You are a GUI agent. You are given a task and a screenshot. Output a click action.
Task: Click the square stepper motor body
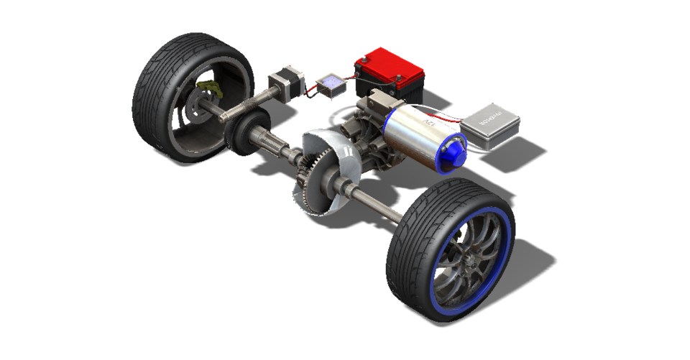(x=280, y=81)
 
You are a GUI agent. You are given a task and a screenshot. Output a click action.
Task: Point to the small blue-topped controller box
(x=332, y=84)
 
